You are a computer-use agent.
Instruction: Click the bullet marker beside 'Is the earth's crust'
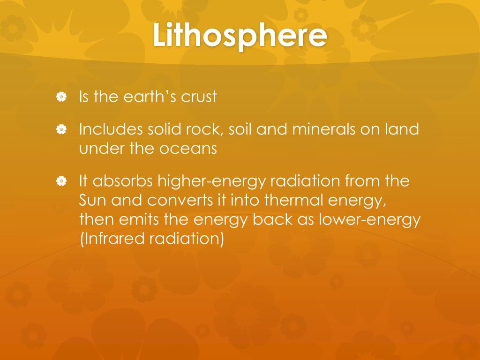coord(60,97)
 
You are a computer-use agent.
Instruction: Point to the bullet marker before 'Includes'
coord(60,129)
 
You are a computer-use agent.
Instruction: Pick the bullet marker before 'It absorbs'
coord(60,181)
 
